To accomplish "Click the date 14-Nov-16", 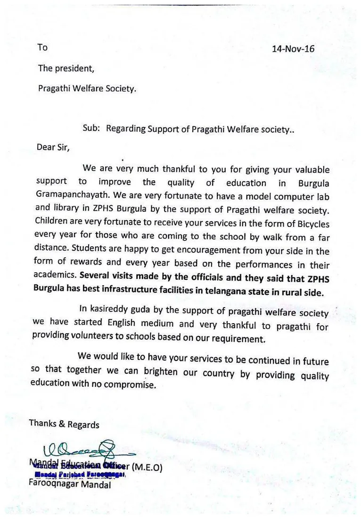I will pyautogui.click(x=293, y=49).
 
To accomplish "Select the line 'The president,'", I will pyautogui.click(x=66, y=68).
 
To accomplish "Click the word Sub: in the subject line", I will pyautogui.click(x=91, y=128).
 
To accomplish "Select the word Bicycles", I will pyautogui.click(x=309, y=224).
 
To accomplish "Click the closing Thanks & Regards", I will pyautogui.click(x=64, y=423).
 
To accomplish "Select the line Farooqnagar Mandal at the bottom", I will pyautogui.click(x=69, y=484).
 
